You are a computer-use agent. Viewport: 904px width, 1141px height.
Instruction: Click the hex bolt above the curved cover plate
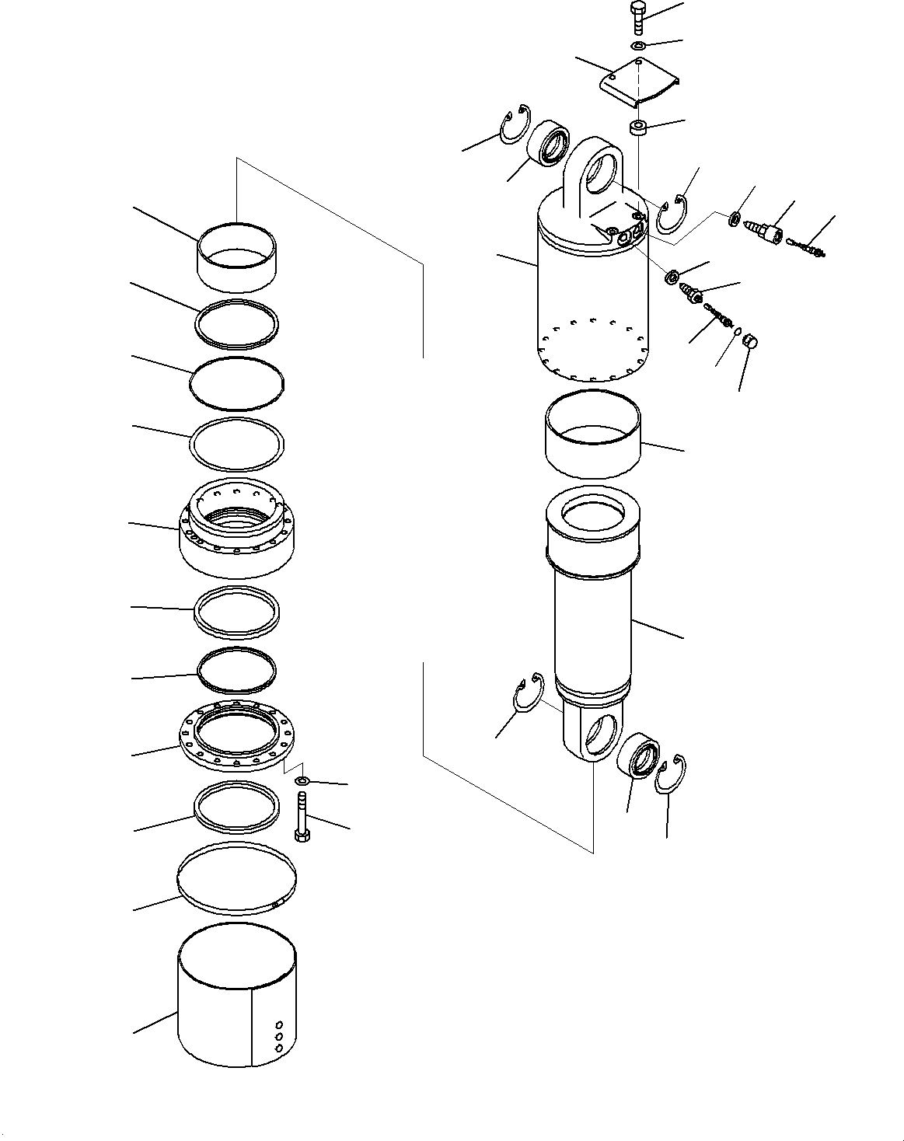(637, 16)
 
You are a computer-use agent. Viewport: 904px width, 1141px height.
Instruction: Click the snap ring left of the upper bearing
(514, 124)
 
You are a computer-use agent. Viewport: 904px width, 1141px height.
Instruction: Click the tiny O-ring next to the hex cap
(736, 330)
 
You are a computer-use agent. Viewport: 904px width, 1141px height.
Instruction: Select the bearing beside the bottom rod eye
(640, 756)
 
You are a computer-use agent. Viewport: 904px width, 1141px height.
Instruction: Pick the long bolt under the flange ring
(302, 815)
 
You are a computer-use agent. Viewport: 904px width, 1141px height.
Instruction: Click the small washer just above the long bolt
(303, 780)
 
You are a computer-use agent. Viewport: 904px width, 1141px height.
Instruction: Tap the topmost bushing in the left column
(236, 256)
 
